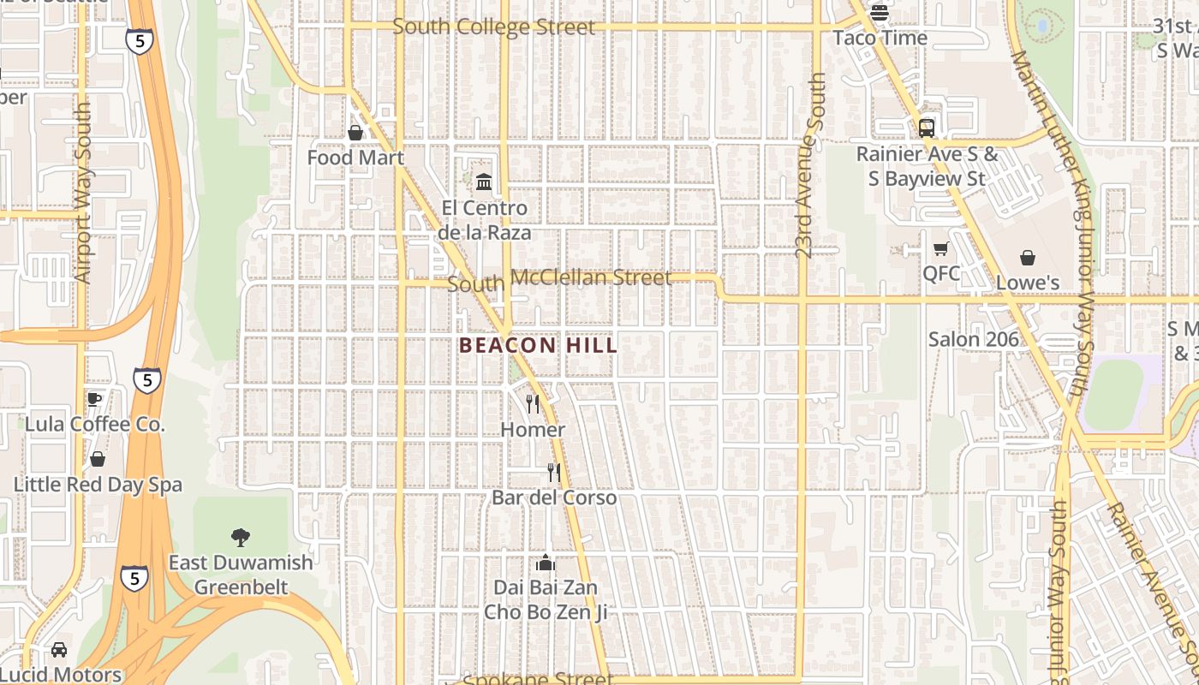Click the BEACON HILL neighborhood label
coord(538,345)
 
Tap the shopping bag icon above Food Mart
coord(355,133)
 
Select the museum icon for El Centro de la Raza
coord(484,182)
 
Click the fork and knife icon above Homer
coord(533,403)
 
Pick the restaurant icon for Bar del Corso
coord(554,472)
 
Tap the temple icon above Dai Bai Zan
coord(545,563)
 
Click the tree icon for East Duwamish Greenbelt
coord(241,537)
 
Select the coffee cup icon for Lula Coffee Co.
coord(94,399)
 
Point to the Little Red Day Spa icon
coord(98,460)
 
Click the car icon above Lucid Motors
coord(59,650)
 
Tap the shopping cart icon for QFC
coord(940,249)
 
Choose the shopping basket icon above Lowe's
coord(1027,258)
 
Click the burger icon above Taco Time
coord(880,14)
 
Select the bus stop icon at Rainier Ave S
coord(926,128)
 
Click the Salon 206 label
coord(974,339)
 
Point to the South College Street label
coord(493,27)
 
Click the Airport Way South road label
coord(83,194)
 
